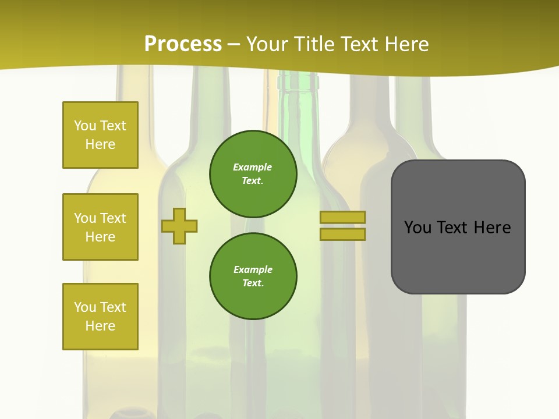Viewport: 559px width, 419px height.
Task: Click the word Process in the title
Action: coord(183,44)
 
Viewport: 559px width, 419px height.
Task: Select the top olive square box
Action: coord(100,135)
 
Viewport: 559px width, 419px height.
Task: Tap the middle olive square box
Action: coord(100,227)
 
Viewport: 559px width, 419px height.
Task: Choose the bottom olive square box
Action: coord(100,317)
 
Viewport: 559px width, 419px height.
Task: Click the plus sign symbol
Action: coord(179,226)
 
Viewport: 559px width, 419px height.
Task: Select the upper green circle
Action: coord(253,173)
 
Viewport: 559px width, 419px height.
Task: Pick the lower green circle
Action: coord(253,276)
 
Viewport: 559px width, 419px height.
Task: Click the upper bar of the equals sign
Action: coord(342,217)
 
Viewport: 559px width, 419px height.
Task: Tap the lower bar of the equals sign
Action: coord(342,235)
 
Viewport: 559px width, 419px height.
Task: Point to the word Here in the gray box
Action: coord(492,228)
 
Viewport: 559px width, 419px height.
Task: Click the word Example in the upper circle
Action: coord(252,167)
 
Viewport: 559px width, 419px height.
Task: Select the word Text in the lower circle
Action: coord(252,283)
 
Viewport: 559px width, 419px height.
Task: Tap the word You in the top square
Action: coord(84,126)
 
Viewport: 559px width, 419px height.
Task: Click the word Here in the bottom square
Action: coord(100,326)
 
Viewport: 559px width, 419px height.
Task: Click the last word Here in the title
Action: coord(406,44)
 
